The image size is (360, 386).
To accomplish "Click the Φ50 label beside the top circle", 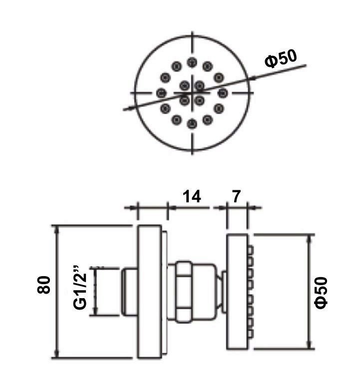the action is click(281, 58).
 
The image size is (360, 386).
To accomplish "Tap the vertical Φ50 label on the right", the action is click(322, 293).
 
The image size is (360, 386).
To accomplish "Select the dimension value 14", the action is click(192, 196).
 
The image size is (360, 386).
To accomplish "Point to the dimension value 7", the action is click(236, 196).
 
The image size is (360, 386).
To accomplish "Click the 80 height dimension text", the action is click(44, 285).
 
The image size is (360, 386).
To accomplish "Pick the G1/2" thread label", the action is click(80, 287).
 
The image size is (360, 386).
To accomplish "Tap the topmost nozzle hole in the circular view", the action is click(192, 62).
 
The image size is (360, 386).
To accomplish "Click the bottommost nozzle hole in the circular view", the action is click(192, 124).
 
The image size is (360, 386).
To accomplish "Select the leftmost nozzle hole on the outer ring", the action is click(161, 93).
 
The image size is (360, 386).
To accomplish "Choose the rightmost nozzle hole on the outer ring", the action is click(223, 93).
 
